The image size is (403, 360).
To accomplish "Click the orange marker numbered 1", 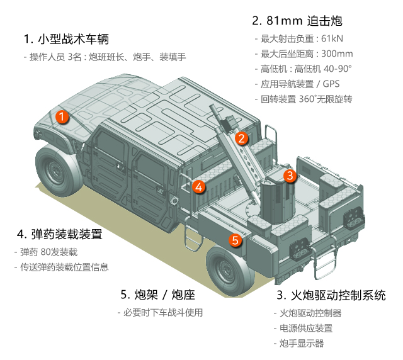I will (x=62, y=116).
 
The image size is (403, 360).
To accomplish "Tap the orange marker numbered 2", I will (x=241, y=138).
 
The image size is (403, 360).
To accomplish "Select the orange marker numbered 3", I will (x=289, y=176).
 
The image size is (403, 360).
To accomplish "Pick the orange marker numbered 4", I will (x=198, y=186).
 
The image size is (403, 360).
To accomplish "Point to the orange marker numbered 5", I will (x=235, y=240).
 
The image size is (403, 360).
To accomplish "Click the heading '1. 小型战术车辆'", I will (x=66, y=39).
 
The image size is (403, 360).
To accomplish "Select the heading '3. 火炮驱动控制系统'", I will (x=331, y=294).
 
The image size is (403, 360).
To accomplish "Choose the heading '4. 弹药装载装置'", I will (x=59, y=235).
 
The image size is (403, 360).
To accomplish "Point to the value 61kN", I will (x=335, y=38).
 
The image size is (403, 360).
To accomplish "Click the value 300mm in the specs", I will (x=337, y=53).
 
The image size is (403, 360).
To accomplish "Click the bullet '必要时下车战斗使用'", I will (x=160, y=312).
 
